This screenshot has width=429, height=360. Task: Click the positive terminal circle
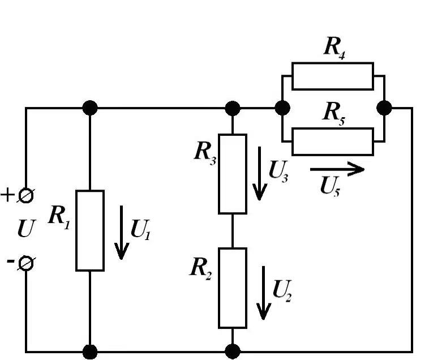point(26,195)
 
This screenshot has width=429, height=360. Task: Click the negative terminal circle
point(26,263)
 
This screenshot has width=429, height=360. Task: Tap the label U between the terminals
point(26,229)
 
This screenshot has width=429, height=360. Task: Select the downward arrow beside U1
point(121,232)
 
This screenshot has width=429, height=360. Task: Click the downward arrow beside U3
point(259,173)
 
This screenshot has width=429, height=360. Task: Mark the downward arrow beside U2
point(263,293)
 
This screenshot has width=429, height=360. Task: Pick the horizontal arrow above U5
point(337,169)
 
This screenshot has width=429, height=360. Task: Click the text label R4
point(334,48)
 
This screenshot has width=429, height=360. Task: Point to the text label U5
point(330,186)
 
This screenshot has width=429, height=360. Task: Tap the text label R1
point(59,217)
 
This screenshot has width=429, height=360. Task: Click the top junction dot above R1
point(90,108)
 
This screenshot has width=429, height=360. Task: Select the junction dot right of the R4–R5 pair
point(384,108)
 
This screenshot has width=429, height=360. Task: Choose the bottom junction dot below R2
point(233,352)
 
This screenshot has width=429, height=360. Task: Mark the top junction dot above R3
point(233,108)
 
